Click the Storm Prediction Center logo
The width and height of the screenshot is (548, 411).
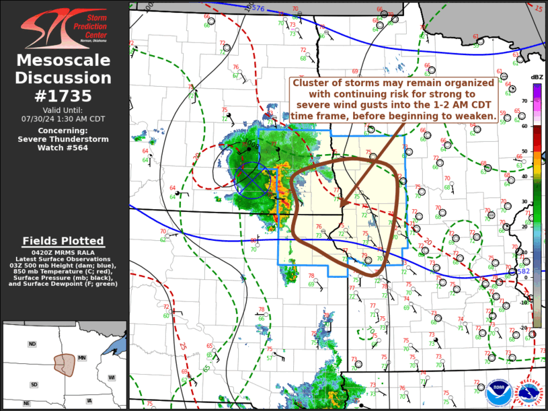[x=64, y=26]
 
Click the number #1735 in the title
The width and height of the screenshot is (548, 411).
[x=64, y=96]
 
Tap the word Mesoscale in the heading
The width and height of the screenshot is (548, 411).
[x=64, y=61]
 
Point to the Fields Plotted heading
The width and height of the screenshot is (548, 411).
[x=63, y=241]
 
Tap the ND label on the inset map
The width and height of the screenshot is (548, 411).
[x=32, y=344]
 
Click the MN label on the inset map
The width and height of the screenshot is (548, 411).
[x=83, y=358]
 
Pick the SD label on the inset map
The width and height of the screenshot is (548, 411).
[x=34, y=384]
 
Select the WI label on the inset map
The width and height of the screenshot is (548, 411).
[x=112, y=377]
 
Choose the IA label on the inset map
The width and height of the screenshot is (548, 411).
[x=89, y=401]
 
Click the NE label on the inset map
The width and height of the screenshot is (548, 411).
[x=27, y=404]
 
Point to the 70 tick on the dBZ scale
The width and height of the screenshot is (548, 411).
[x=522, y=100]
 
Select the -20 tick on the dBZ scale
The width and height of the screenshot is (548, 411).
[x=522, y=328]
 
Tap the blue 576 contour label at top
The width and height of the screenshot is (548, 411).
[x=259, y=8]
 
